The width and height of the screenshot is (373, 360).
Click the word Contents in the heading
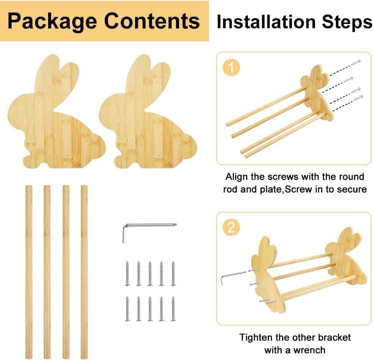point(152,21)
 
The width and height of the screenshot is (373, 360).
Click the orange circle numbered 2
point(231,228)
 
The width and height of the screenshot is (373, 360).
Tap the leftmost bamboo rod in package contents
point(29,271)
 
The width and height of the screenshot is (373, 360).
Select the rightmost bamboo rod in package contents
point(84,271)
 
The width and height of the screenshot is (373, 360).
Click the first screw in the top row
point(128,273)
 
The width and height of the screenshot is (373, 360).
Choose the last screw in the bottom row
point(173,308)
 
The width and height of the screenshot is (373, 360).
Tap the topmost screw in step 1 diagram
point(356,61)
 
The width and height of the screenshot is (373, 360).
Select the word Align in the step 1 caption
point(237,177)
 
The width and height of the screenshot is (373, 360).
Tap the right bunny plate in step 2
point(346,258)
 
